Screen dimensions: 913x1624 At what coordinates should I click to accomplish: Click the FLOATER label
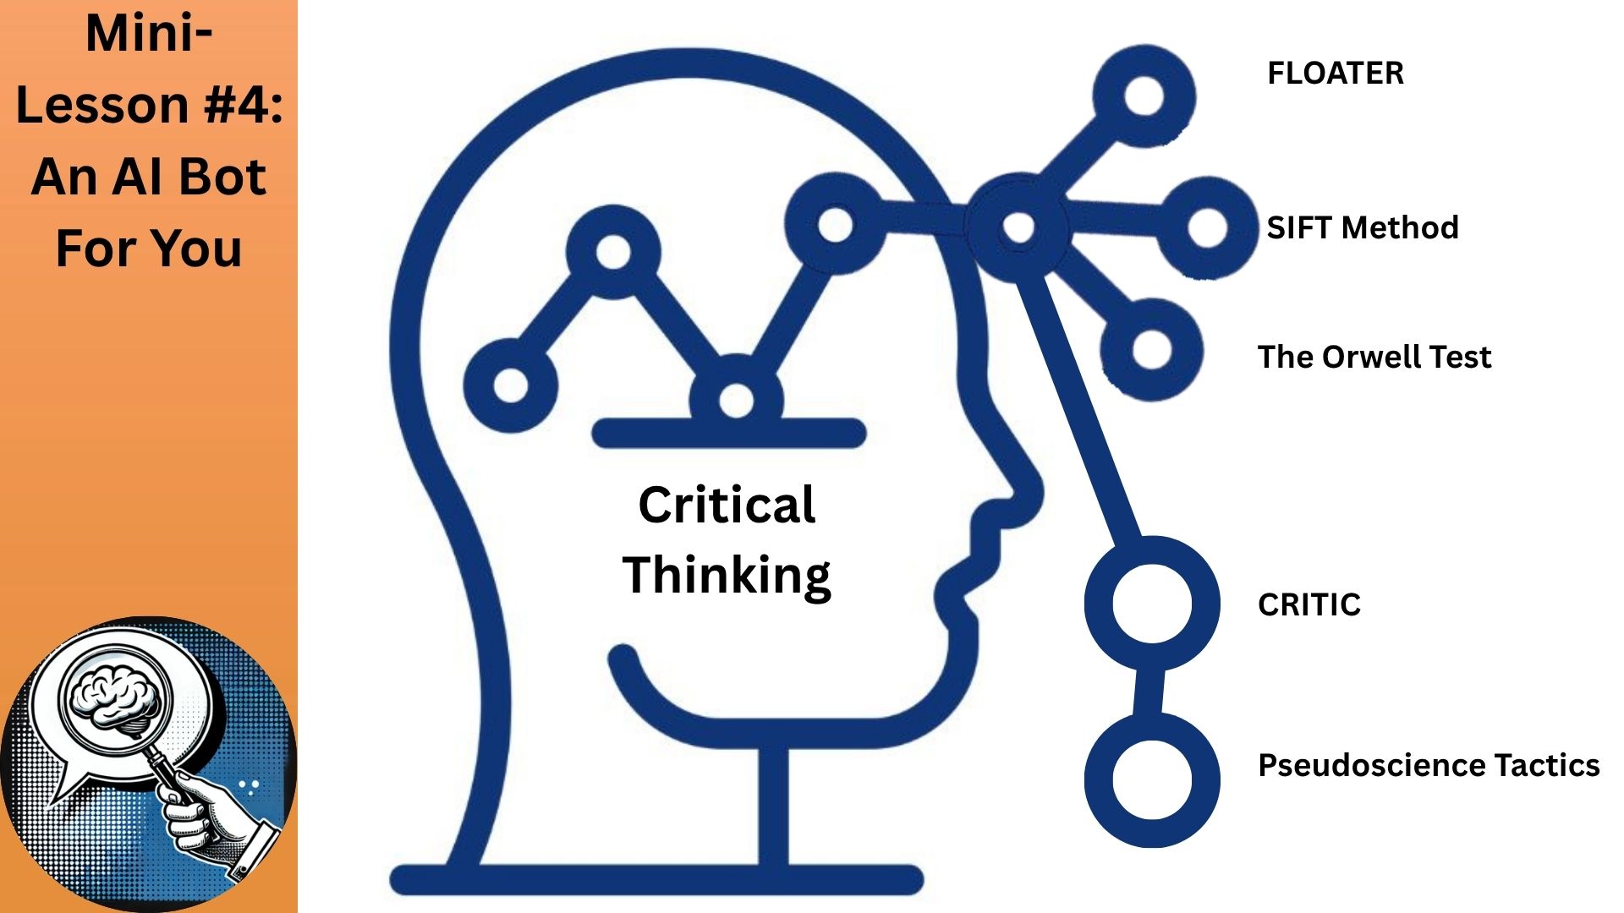(1335, 74)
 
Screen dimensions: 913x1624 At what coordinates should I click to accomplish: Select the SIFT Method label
(1362, 227)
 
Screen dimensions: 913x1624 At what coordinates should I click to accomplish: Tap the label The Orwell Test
(1374, 357)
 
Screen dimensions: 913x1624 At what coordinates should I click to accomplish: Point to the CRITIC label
(1309, 604)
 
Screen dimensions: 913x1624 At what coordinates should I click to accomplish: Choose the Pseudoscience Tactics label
(1429, 765)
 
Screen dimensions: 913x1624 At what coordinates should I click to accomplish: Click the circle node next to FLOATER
(1144, 96)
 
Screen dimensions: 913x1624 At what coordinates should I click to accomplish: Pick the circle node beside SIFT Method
(1207, 227)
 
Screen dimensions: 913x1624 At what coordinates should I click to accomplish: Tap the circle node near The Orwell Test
(1151, 348)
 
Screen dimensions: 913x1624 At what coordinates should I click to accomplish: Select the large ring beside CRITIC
(1152, 604)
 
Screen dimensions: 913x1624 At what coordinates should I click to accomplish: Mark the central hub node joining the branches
(1018, 227)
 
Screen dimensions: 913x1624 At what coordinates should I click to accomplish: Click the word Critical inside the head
(727, 505)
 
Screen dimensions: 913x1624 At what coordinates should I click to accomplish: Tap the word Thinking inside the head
(727, 575)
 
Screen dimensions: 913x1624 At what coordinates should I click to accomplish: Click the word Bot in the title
(222, 177)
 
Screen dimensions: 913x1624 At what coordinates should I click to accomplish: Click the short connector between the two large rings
(1148, 692)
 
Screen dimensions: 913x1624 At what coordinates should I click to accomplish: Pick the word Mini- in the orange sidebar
(149, 34)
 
